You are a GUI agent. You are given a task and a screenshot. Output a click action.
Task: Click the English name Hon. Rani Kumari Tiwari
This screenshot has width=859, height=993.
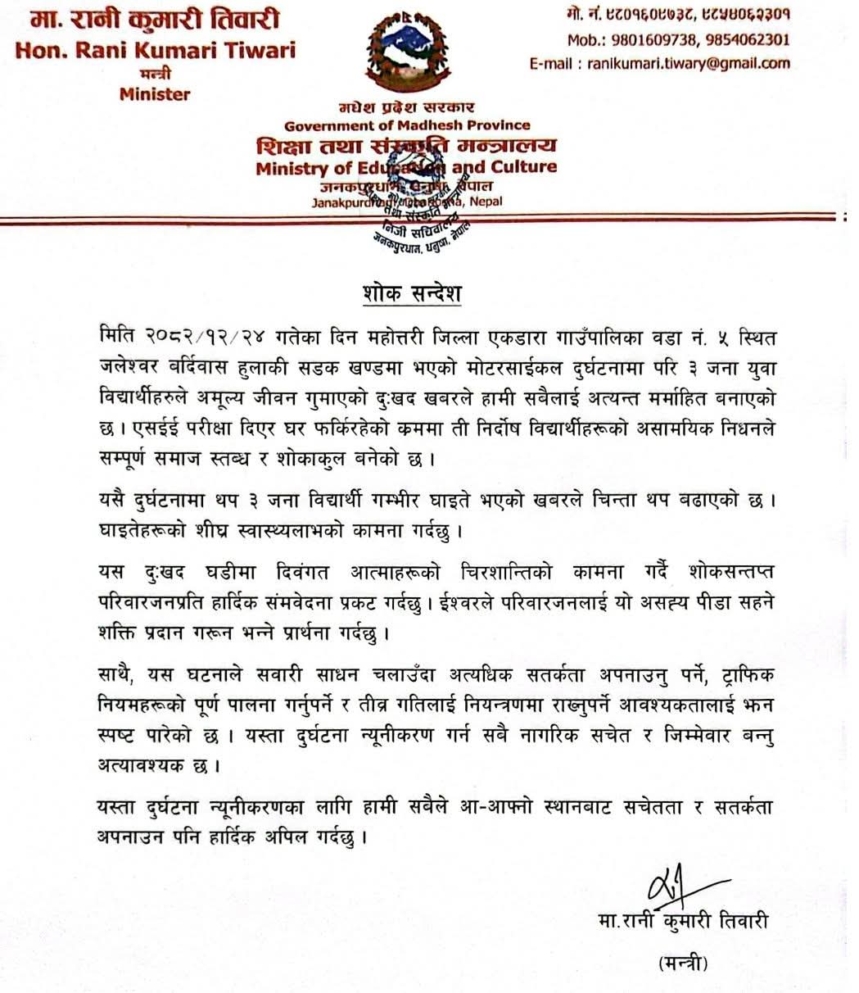[x=156, y=49]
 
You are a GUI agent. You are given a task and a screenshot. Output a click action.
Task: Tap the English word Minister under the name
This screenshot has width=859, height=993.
[x=154, y=94]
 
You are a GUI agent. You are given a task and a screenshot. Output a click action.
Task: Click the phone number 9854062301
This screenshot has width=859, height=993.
[x=747, y=39]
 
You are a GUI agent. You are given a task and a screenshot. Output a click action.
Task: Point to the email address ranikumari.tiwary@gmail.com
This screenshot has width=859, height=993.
[x=689, y=63]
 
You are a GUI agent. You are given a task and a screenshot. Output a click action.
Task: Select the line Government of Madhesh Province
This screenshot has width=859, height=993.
[x=407, y=125]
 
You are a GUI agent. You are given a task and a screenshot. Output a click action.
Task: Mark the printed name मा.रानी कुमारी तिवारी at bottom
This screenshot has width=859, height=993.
[x=683, y=923]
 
